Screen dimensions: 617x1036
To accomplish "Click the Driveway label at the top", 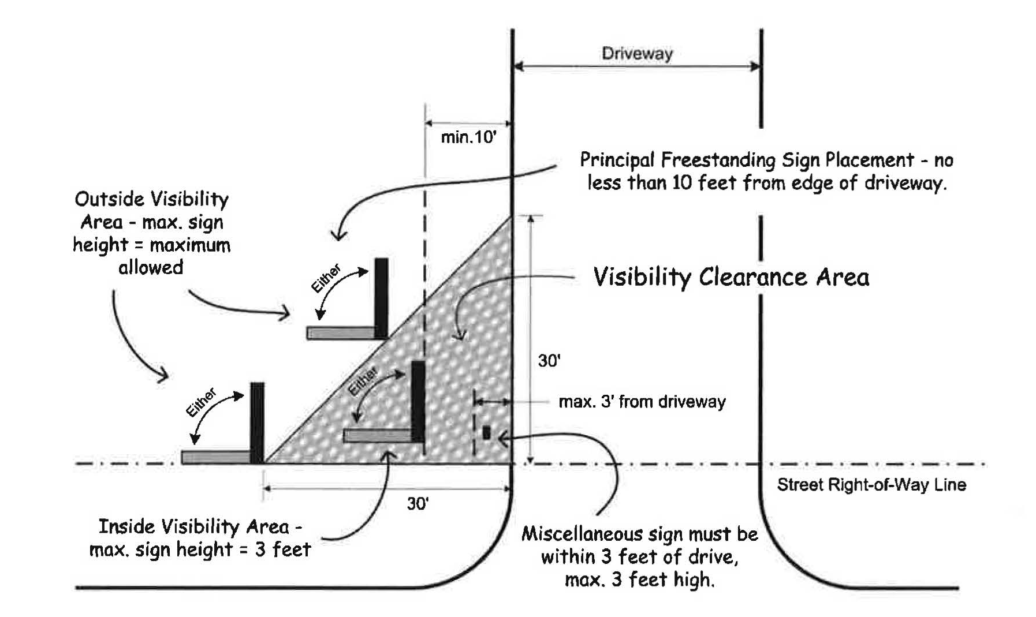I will pos(637,54).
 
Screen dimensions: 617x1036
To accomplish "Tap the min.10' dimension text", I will pos(468,137).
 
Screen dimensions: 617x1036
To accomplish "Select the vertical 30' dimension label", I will pos(549,361).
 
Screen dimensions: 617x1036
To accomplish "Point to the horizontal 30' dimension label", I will pos(418,504).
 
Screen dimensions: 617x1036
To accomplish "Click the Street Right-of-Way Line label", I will pos(871,484).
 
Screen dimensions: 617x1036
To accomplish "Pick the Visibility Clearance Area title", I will pos(731,277).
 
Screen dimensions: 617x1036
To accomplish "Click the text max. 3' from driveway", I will pos(642,402).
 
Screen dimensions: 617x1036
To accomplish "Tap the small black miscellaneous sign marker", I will pos(486,432).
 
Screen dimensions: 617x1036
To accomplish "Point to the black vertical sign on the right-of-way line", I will pos(257,422).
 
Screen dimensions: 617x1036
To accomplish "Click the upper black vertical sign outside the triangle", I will pos(381,297).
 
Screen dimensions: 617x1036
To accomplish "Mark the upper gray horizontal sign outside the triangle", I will pos(341,333).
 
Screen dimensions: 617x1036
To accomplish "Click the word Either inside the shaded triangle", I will pos(363,382).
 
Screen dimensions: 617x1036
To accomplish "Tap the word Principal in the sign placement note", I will pos(617,160).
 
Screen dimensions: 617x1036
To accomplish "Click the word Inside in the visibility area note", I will pos(126,526).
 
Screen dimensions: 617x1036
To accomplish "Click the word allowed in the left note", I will pos(151,267).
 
